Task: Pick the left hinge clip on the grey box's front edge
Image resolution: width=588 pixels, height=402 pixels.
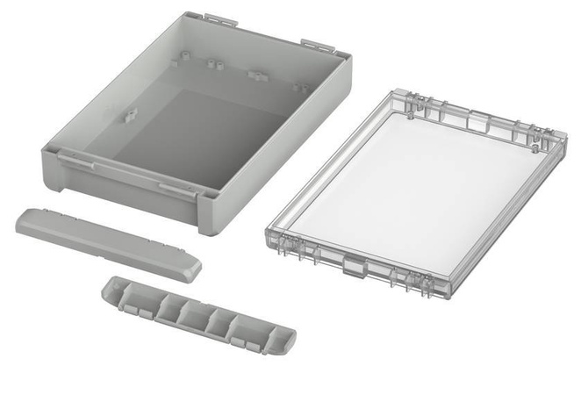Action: click(x=78, y=158)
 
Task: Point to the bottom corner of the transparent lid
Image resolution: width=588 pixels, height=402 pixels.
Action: click(x=421, y=293)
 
